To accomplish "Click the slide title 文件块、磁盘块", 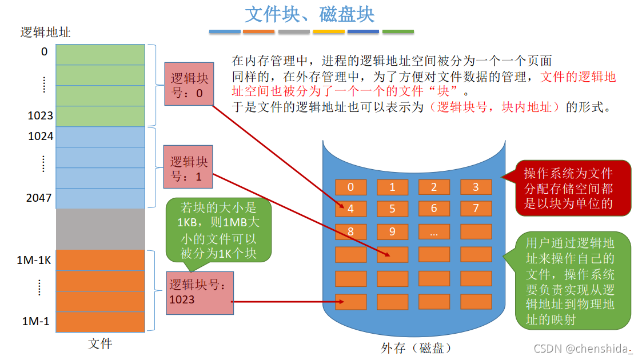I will pos(309,14).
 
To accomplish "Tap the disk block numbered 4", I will pos(350,209).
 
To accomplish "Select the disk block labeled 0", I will pos(350,187).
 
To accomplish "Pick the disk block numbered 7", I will pos(476,209).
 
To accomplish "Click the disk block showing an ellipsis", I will pos(434,231).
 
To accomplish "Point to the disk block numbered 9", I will pos(392,231).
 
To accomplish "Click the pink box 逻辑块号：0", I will pos(189,84).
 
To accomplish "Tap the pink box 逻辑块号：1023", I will pos(200,293).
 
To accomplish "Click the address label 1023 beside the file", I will pos(40,115).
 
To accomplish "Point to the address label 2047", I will pos(40,198).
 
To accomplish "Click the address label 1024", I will pos(40,136).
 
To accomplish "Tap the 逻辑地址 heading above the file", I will pos(45,33).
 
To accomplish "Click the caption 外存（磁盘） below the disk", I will pos(420,347).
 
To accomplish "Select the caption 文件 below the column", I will pos(100,343).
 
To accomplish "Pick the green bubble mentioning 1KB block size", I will pos(219,230).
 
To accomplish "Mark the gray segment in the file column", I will pos(100,229).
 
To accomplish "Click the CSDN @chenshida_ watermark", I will pos(583,348).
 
